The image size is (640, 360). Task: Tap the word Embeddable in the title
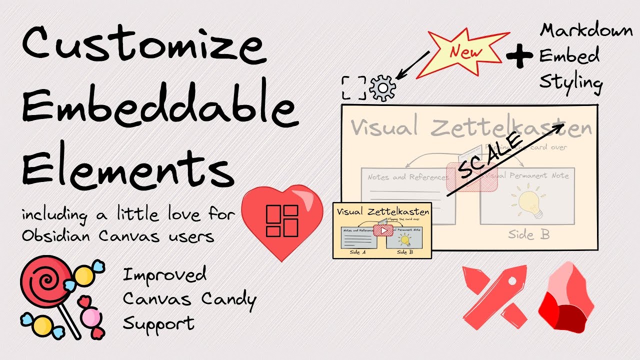pos(160,107)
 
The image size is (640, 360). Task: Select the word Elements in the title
pos(127,167)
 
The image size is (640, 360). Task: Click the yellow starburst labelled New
pos(465,52)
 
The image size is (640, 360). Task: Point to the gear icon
pos(382,88)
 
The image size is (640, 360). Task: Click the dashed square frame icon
pos(354,88)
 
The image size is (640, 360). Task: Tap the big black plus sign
pos(519,55)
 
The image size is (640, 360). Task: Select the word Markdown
pos(586,31)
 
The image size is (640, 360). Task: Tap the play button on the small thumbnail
pos(384,230)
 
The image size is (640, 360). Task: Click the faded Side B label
pos(529,234)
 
